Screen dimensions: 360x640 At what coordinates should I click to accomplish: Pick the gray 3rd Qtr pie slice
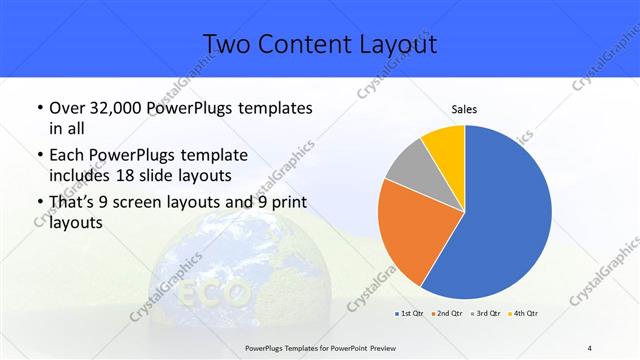(x=409, y=168)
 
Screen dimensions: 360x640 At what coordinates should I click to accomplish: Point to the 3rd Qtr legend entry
(x=483, y=312)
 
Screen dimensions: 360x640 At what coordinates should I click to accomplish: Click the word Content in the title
(x=310, y=44)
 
